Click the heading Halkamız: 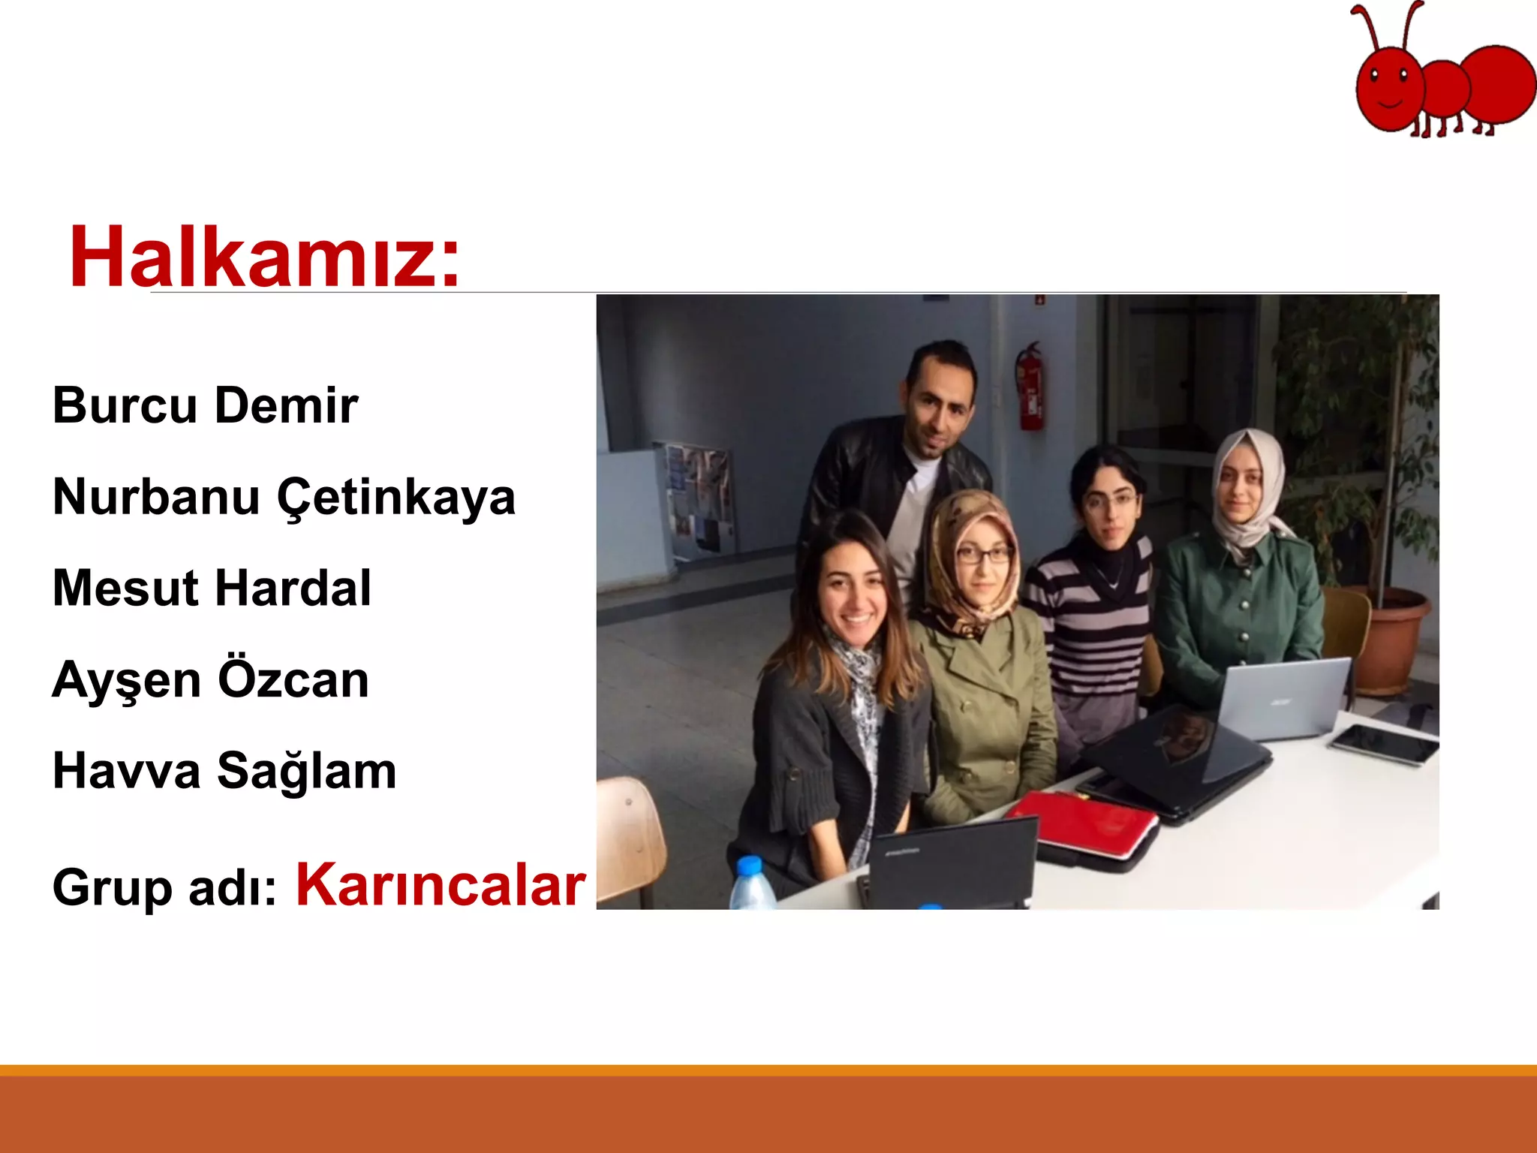click(x=264, y=257)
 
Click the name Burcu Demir click(x=205, y=406)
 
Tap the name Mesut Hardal click(x=212, y=589)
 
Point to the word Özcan click(x=293, y=680)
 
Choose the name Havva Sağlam click(x=224, y=772)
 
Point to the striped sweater click(x=1092, y=623)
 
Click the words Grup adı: click(x=164, y=889)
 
